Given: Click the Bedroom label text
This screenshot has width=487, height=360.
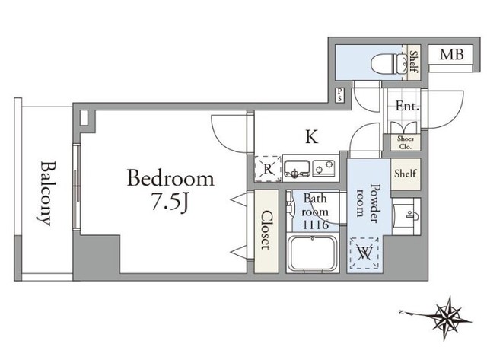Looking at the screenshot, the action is tap(170, 178).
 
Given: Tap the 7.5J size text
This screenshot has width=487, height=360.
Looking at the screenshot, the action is tap(170, 203).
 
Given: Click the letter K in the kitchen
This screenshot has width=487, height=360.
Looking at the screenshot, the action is tap(311, 137).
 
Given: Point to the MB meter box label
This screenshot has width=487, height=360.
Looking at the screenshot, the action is tap(451, 55).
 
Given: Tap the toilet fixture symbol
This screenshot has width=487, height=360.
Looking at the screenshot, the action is tap(389, 64).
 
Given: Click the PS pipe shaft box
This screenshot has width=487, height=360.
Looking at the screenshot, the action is tap(340, 94).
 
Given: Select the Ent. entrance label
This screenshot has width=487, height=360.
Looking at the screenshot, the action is tap(407, 107).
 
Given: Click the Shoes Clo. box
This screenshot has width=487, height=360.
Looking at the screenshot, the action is tap(406, 142).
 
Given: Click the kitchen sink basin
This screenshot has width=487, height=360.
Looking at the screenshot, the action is tap(297, 169).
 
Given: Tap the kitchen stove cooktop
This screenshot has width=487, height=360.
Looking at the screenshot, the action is tap(324, 168).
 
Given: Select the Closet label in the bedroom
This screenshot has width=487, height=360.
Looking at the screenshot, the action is tap(266, 230).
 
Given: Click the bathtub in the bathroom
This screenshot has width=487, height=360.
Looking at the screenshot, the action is tap(313, 253).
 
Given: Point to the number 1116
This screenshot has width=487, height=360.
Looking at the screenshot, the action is tap(316, 225).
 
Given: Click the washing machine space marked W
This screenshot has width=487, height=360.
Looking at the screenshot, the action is tap(364, 253).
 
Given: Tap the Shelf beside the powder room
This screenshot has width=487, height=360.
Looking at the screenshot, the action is tap(406, 174).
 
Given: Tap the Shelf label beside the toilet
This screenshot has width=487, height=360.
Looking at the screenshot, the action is tap(413, 62).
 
